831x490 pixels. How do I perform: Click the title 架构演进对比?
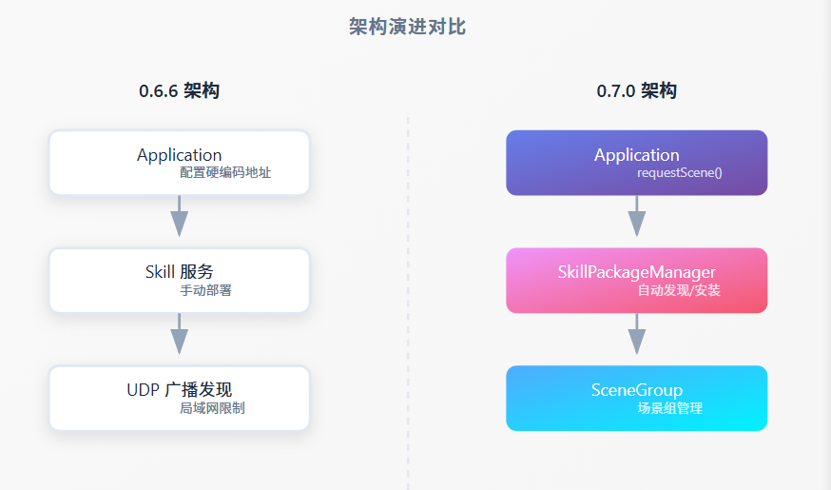[x=407, y=27]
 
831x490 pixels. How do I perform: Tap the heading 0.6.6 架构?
[x=179, y=91]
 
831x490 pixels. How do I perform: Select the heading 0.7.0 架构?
[x=636, y=91]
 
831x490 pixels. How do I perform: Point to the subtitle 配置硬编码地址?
[x=225, y=173]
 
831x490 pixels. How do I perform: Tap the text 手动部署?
[x=205, y=290]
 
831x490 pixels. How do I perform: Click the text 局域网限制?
[x=212, y=408]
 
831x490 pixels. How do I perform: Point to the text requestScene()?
[x=679, y=173]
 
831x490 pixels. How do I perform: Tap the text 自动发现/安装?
[x=679, y=290]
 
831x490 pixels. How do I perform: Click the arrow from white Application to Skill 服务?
[x=179, y=217]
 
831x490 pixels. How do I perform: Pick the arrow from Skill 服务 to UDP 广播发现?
[x=179, y=335]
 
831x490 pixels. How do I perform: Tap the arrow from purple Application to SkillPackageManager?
[x=636, y=217]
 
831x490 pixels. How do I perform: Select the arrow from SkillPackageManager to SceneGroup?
[x=636, y=335]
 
